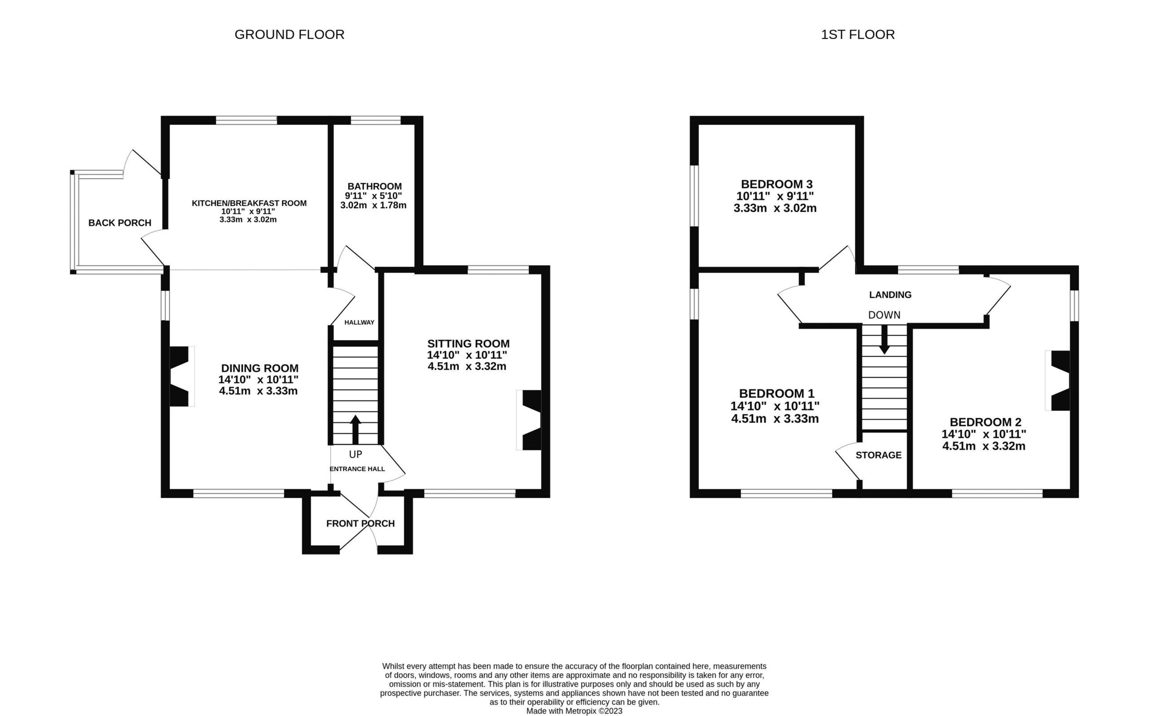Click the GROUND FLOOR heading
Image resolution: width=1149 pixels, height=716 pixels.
pyautogui.click(x=289, y=35)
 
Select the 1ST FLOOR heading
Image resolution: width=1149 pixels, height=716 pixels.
pyautogui.click(x=858, y=35)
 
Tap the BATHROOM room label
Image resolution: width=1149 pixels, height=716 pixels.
pyautogui.click(x=374, y=187)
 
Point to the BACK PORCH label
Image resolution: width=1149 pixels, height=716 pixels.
pyautogui.click(x=120, y=223)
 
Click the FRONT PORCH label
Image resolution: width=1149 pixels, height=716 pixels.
pyautogui.click(x=360, y=523)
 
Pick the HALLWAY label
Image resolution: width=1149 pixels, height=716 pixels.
pyautogui.click(x=360, y=323)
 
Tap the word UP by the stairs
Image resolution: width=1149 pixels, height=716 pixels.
pyautogui.click(x=355, y=454)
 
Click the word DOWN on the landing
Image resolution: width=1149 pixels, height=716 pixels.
pyautogui.click(x=884, y=315)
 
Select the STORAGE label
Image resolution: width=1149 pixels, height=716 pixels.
pyautogui.click(x=878, y=455)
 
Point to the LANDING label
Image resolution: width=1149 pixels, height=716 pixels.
pyautogui.click(x=890, y=295)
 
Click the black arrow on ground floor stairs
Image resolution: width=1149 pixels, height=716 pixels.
pyautogui.click(x=355, y=429)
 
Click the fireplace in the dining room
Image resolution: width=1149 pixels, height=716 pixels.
pyautogui.click(x=182, y=376)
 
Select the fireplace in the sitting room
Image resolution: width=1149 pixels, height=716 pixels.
pyautogui.click(x=529, y=420)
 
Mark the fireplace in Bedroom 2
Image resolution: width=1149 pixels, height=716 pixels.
pyautogui.click(x=1057, y=380)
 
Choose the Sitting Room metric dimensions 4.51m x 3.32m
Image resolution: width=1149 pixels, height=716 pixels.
pyautogui.click(x=467, y=366)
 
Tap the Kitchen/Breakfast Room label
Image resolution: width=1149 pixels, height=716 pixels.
pyautogui.click(x=249, y=203)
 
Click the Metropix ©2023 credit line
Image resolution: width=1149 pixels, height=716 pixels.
pyautogui.click(x=574, y=711)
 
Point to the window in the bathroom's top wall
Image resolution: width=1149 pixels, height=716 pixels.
pyautogui.click(x=376, y=120)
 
